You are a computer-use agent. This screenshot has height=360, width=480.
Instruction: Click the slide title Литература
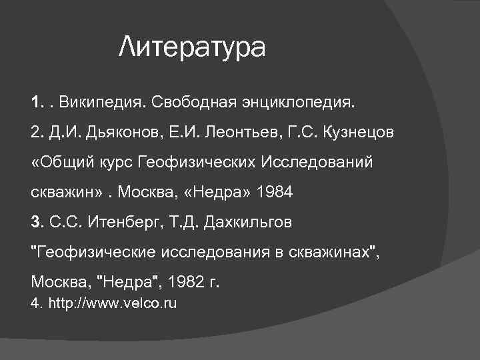pyautogui.click(x=192, y=47)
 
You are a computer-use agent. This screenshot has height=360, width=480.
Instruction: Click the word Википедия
pyautogui.click(x=102, y=103)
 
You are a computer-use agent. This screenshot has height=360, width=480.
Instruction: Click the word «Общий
pyautogui.click(x=57, y=163)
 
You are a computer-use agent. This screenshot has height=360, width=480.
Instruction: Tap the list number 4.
pyautogui.click(x=36, y=304)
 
